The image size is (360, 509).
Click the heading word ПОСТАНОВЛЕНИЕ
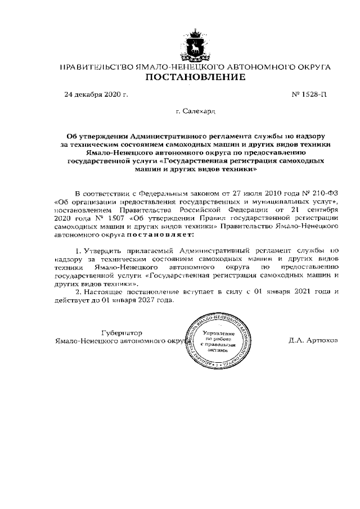(x=195, y=77)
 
